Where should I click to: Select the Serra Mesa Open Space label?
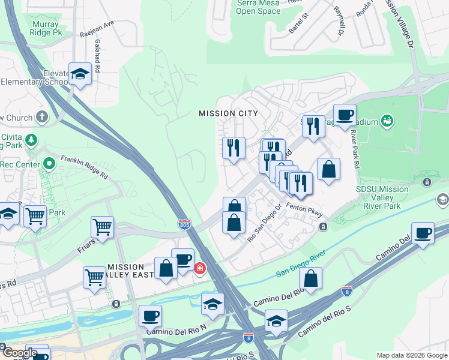coord(258,7)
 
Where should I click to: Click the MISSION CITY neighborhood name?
coord(228,113)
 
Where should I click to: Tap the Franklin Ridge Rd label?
coord(84,168)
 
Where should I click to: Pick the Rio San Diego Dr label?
coord(265,224)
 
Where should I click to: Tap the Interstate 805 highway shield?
coord(185,224)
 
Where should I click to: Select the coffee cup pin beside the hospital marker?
coord(182,259)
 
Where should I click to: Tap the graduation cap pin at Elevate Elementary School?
coord(79,74)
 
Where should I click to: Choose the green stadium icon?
coord(387,121)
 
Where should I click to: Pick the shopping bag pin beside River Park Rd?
coord(328,169)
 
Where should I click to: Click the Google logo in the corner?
coord(19,353)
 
